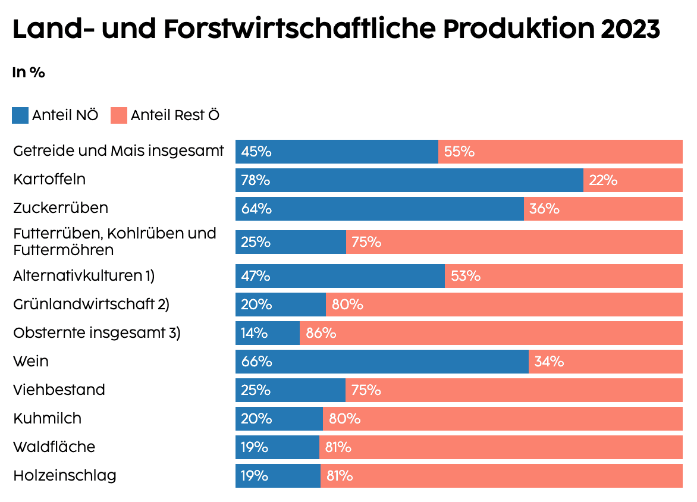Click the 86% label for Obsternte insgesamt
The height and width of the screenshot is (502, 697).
pos(321,333)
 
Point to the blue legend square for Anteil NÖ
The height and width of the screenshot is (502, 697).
pos(20,115)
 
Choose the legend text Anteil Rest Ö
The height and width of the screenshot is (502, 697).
pos(175,115)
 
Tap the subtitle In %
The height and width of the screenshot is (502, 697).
pos(29,73)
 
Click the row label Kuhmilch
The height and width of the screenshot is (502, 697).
pos(47,418)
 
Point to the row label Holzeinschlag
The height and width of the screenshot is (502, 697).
pos(64,476)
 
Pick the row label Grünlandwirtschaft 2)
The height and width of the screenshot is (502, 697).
pos(91,304)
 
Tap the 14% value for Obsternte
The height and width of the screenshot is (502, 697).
pos(255,333)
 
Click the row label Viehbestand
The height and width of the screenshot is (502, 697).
pos(59,390)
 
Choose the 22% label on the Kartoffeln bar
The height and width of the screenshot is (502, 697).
pos(603,180)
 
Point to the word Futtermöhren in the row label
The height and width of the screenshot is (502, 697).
pos(63,249)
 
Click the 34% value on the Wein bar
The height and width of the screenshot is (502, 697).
pos(549,362)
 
